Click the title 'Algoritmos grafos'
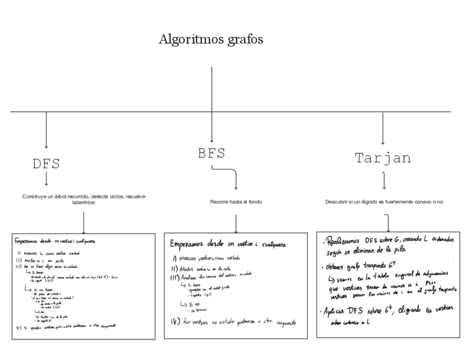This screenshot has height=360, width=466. pyautogui.click(x=211, y=40)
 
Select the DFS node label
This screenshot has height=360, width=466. pyautogui.click(x=46, y=164)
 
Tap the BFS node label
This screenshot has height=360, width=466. pyautogui.click(x=212, y=153)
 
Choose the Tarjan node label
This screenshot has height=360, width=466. pyautogui.click(x=382, y=158)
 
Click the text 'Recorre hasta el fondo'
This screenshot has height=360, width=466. pyautogui.click(x=236, y=202)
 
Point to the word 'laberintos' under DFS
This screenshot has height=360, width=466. pyautogui.click(x=84, y=202)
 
